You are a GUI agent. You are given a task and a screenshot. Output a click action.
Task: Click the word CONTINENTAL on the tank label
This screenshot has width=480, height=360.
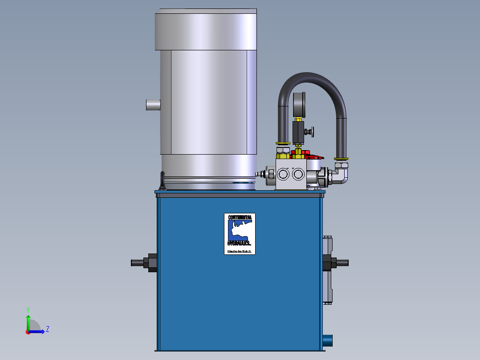[240, 217]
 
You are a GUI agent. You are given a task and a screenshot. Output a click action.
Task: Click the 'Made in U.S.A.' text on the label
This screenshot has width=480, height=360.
[240, 252]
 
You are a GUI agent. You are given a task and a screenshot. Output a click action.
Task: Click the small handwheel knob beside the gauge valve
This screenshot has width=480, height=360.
[313, 132]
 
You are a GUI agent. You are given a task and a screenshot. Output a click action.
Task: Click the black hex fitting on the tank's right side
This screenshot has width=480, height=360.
[333, 263]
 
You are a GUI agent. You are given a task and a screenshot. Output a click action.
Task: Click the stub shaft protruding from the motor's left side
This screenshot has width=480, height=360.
[153, 106]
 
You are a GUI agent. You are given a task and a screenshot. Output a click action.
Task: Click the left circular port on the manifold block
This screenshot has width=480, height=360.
[283, 174]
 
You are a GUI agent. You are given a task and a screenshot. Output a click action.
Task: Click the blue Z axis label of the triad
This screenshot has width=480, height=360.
[47, 329]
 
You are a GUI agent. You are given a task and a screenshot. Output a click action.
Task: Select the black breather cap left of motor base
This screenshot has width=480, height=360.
[163, 181]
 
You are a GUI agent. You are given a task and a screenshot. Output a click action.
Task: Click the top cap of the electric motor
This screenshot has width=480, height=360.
[206, 29]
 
